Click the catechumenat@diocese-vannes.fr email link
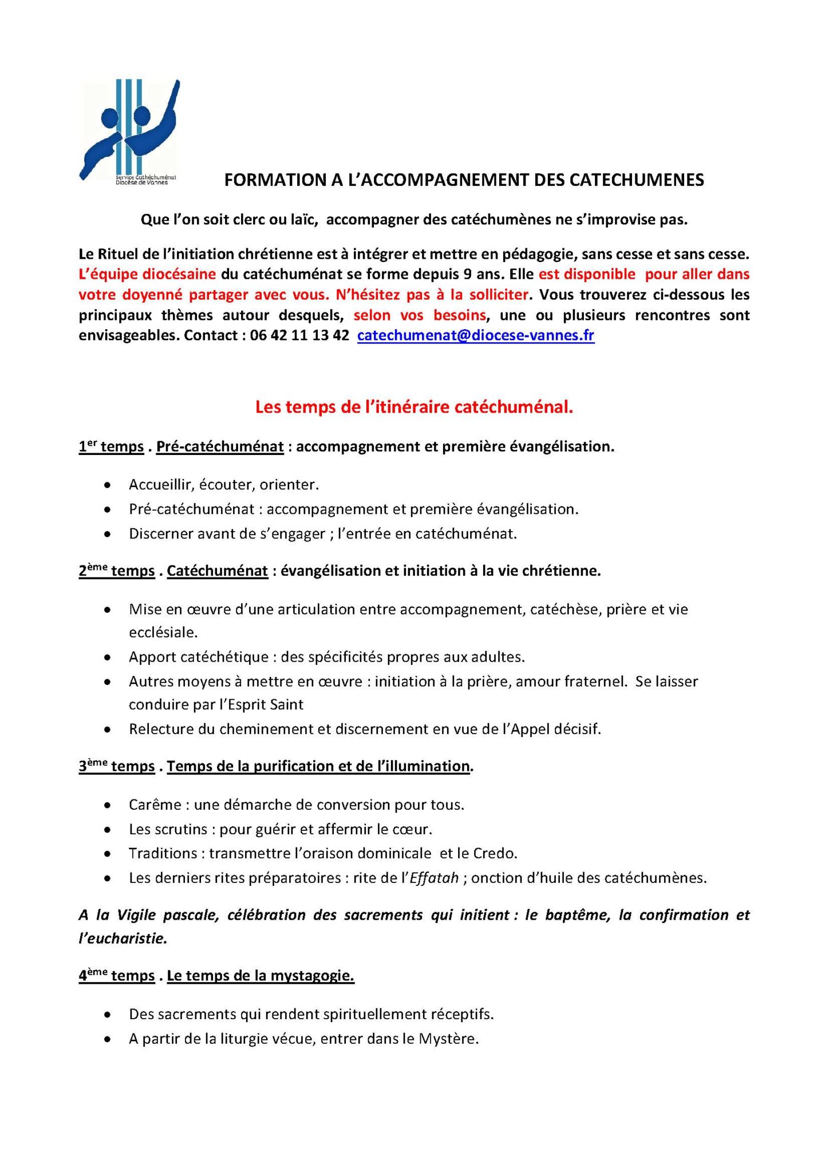(x=475, y=336)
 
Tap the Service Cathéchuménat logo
(x=129, y=132)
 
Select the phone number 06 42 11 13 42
(x=299, y=336)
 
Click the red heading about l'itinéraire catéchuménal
(x=414, y=407)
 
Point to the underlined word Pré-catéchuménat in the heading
(x=220, y=447)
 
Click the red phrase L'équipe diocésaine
(x=147, y=274)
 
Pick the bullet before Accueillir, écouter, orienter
(x=108, y=485)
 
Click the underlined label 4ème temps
(x=116, y=976)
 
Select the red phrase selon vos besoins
(x=420, y=315)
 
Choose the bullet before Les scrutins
(x=108, y=830)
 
